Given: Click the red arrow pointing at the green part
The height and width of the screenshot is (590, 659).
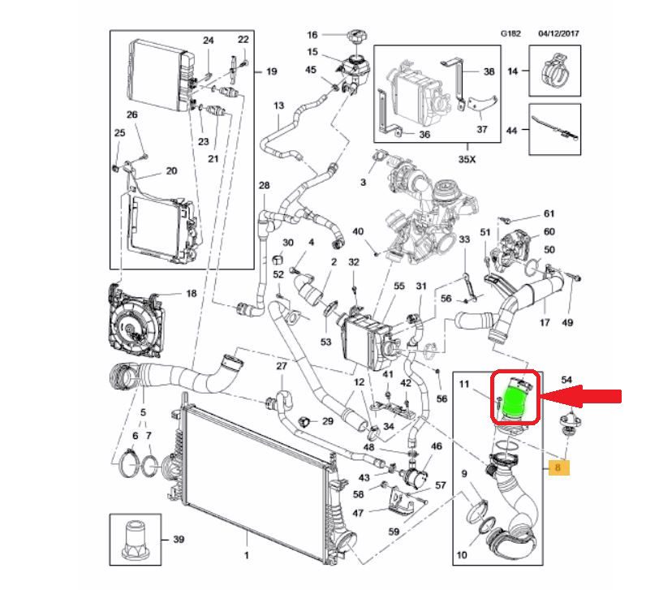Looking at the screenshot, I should (583, 396).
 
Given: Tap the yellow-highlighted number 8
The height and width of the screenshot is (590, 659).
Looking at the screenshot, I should (559, 467).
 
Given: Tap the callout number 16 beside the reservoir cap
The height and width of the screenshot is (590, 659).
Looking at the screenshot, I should (312, 35).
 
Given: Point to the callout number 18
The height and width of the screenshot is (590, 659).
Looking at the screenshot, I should (192, 293).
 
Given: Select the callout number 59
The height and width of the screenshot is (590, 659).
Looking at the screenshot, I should (394, 532).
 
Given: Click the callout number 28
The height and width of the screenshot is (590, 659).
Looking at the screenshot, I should (264, 187).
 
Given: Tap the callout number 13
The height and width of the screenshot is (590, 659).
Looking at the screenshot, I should (278, 106).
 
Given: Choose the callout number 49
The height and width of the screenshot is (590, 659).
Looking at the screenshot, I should (567, 323).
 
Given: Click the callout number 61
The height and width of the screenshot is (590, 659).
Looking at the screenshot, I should (549, 214).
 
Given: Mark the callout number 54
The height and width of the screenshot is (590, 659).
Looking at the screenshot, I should (567, 380).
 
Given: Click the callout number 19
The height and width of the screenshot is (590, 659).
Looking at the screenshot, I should (271, 71).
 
